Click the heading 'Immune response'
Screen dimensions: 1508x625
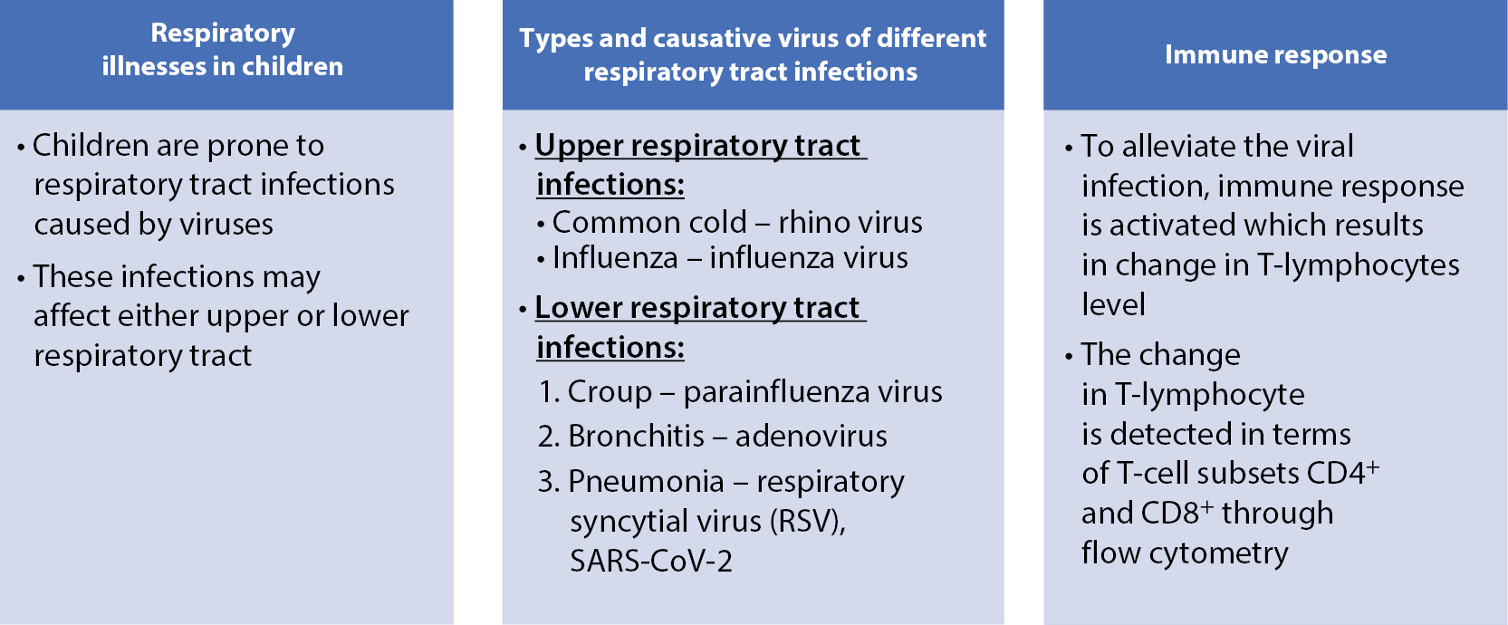coord(1276,55)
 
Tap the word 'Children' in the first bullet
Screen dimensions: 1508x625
coord(91,146)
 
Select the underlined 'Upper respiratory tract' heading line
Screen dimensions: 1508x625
coord(701,147)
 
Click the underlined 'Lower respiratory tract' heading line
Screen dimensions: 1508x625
coord(700,309)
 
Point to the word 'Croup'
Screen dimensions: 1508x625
coord(610,393)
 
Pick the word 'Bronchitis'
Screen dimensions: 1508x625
coord(636,437)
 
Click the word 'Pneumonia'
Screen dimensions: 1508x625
coord(647,482)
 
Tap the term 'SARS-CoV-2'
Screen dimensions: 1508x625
coord(651,561)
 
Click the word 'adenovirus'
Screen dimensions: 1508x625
coord(812,437)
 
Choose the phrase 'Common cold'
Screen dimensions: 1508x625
coord(649,223)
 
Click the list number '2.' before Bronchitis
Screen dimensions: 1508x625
coord(549,437)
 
